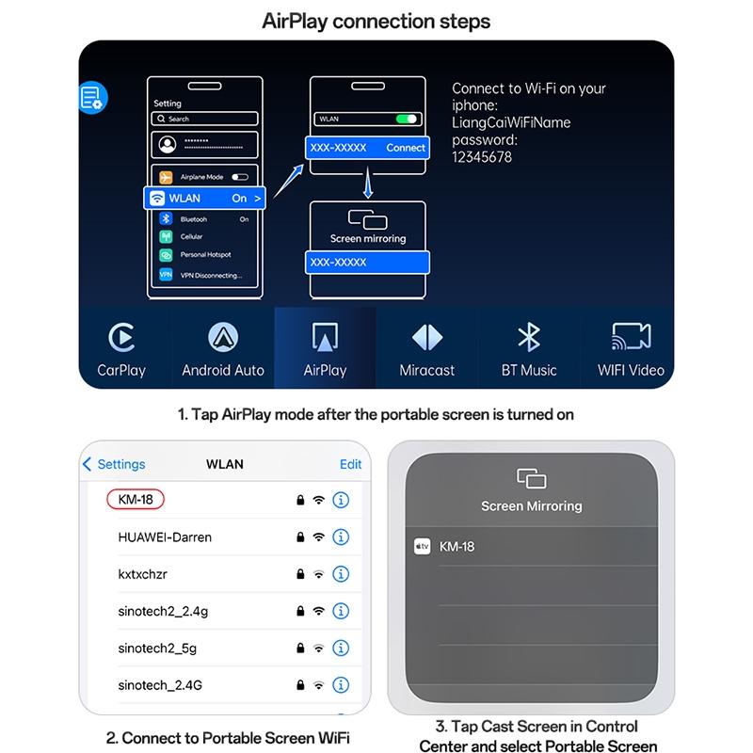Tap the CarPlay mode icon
(121, 336)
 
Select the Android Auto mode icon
(223, 336)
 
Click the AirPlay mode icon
(325, 336)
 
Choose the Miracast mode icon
(426, 336)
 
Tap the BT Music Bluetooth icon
(529, 336)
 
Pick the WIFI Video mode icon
(631, 336)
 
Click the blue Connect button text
(406, 148)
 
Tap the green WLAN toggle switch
(407, 120)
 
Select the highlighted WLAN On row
(204, 198)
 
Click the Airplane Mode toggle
(239, 176)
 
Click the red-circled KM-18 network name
(136, 500)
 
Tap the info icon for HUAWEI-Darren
(341, 537)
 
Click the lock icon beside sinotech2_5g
(299, 648)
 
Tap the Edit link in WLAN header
(350, 464)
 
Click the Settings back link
(114, 464)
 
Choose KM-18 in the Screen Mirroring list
(457, 546)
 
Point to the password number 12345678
(482, 157)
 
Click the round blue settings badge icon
(92, 97)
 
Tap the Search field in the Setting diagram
(204, 120)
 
